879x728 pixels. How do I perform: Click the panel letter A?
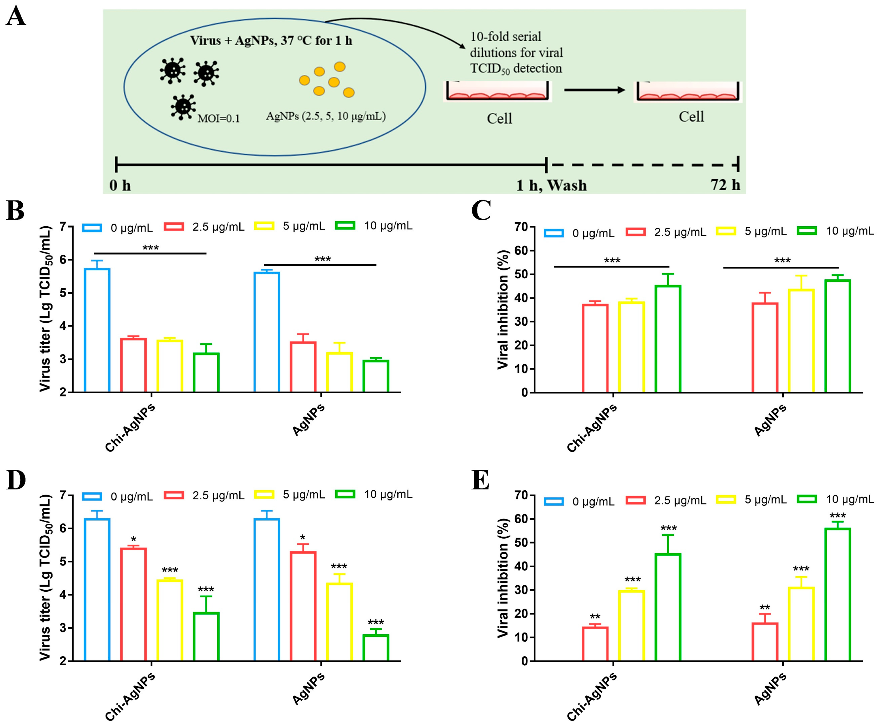[16, 18]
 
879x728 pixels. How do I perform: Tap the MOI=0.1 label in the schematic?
[218, 119]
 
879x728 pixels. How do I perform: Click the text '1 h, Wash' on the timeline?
[551, 185]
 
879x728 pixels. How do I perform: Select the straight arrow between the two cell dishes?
[594, 90]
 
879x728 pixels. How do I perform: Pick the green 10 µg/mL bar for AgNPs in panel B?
[376, 376]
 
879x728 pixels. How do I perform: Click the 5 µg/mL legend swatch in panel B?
[264, 226]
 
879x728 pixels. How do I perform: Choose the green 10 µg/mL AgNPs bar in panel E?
[837, 594]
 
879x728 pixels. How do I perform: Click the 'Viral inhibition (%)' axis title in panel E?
[503, 578]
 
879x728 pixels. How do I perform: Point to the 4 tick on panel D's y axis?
[63, 594]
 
